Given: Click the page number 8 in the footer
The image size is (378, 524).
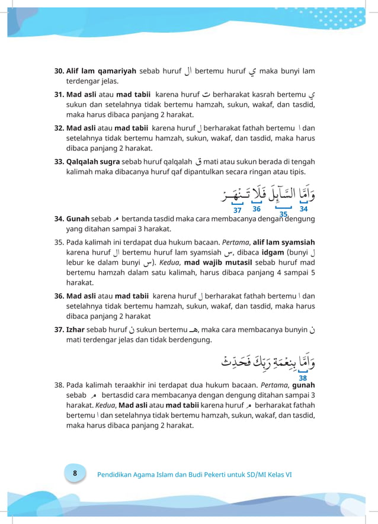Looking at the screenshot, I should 75,473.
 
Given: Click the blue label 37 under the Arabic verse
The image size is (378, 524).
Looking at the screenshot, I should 238,210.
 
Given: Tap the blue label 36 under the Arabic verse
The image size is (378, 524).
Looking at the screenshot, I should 257,208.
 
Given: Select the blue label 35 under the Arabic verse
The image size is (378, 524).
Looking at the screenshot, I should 283,214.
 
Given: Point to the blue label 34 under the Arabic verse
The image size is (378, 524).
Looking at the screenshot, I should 303,208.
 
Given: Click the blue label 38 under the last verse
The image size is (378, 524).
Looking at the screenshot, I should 303,378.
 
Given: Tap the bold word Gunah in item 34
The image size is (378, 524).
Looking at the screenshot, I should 78,218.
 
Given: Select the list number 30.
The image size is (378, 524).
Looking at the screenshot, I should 59,71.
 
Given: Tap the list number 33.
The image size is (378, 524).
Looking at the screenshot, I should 59,161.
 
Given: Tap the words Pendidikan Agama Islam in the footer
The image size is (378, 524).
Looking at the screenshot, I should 132,474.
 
